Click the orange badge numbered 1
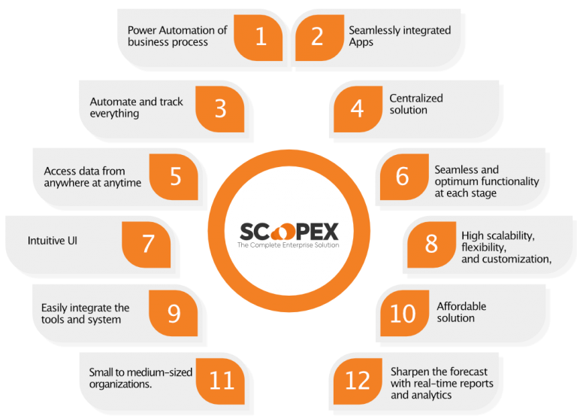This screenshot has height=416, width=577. tap(258, 38)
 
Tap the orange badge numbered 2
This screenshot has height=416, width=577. tap(319, 38)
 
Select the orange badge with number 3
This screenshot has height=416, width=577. tap(220, 109)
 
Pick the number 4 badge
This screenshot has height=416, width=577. tap(358, 109)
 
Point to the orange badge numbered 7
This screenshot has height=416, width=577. tap(147, 244)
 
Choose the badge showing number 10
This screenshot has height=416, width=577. tap(404, 313)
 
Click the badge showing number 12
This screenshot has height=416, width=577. tap(358, 381)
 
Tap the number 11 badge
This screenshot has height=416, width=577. tap(220, 381)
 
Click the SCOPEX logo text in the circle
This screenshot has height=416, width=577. tap(288, 232)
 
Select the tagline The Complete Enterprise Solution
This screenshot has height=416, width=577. tap(288, 245)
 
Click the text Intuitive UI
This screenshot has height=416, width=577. tap(53, 241)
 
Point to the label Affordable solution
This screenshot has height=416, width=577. tap(461, 312)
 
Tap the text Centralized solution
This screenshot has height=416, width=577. tap(416, 104)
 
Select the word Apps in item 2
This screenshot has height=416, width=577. tap(361, 42)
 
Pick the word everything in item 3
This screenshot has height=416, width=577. tap(114, 114)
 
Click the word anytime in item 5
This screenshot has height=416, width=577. tap(123, 183)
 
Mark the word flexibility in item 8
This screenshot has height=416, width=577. tap(484, 247)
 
